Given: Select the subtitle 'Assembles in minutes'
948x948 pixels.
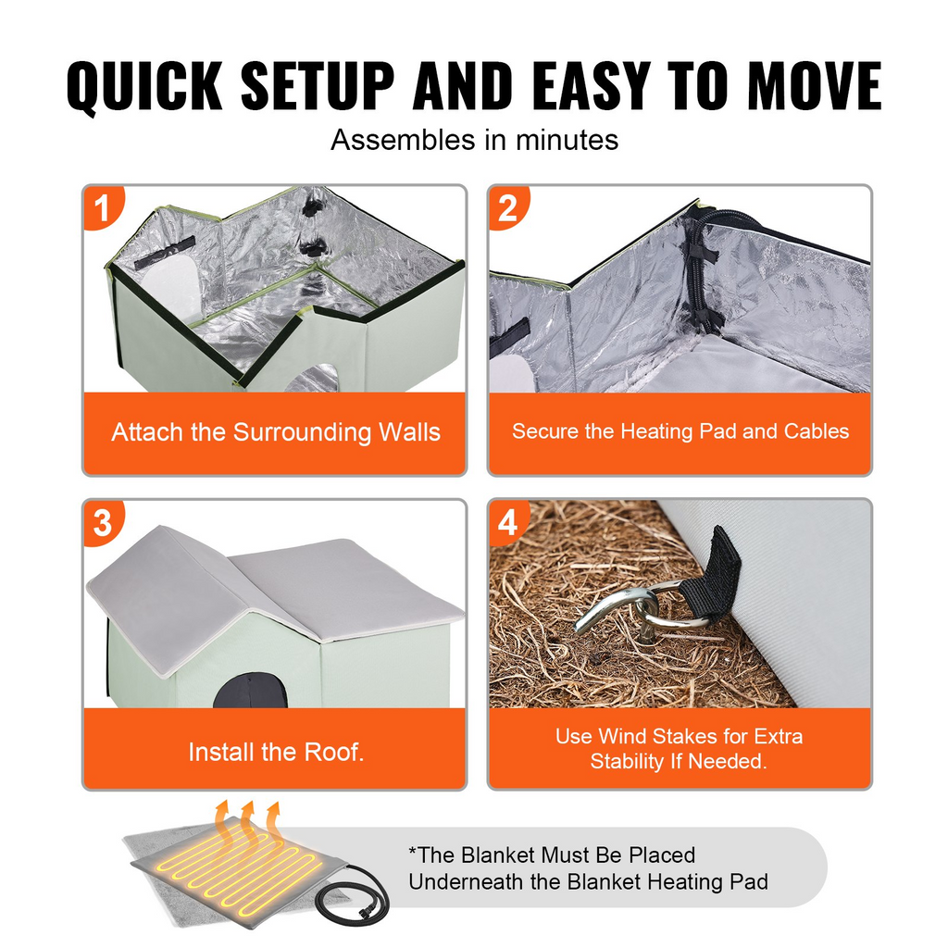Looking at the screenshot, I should click(x=474, y=140).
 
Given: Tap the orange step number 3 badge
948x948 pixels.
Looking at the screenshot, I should click(x=102, y=523).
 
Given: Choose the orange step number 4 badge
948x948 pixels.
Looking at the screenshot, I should click(x=507, y=523).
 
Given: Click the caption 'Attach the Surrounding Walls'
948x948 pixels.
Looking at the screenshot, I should click(x=275, y=432).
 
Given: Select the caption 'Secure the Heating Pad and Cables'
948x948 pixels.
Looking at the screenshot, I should click(x=680, y=431).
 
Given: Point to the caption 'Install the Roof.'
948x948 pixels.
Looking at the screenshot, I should click(x=275, y=752).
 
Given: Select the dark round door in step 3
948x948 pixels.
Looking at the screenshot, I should click(x=249, y=694).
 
